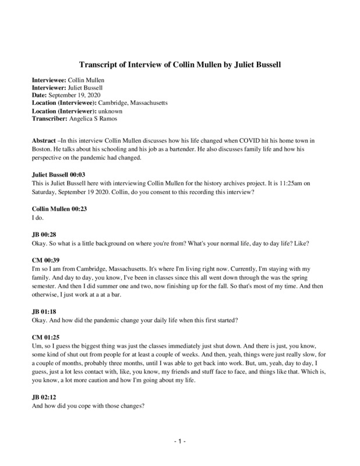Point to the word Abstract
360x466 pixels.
pyautogui.click(x=43, y=141)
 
